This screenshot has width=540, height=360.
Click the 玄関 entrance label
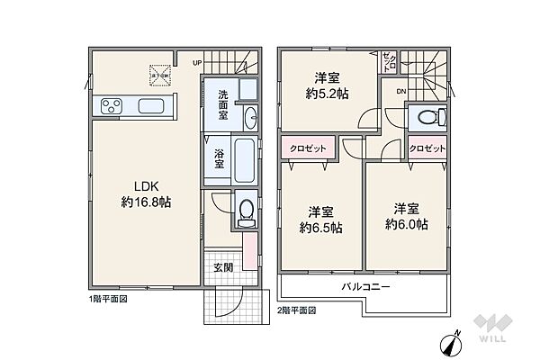click(223, 267)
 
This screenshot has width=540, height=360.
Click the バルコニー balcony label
click(364, 286)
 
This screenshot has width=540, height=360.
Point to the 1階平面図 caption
click(109, 298)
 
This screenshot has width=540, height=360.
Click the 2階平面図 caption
click(297, 309)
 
